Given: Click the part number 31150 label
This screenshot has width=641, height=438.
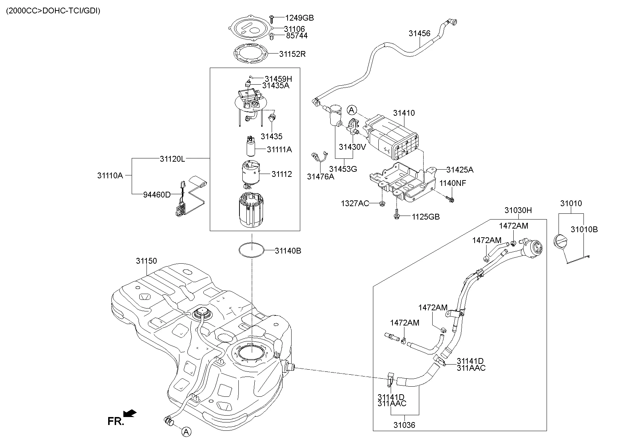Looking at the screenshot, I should [x=146, y=261].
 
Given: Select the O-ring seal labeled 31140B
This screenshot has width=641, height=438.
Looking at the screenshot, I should [x=252, y=250].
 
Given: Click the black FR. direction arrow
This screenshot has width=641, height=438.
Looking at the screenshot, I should [x=130, y=413].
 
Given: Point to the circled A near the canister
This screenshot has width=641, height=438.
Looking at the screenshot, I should [x=352, y=110].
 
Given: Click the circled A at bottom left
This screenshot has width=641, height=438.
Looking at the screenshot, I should [x=186, y=431].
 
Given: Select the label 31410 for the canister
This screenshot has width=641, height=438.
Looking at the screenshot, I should [x=404, y=113].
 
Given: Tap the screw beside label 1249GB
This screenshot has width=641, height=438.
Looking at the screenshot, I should [x=272, y=17].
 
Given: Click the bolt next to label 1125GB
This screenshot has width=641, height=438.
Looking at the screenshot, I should [x=396, y=216].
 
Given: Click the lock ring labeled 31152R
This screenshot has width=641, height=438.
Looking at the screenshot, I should [x=250, y=54].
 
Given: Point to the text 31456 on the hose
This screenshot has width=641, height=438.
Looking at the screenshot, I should [x=419, y=34].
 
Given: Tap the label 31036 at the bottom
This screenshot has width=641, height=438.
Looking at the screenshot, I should [x=404, y=425].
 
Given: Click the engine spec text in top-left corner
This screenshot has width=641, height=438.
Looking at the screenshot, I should [x=53, y=10].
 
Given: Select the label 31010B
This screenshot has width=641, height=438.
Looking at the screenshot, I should [x=584, y=229].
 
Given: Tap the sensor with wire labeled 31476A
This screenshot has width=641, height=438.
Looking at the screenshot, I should [x=318, y=158].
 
